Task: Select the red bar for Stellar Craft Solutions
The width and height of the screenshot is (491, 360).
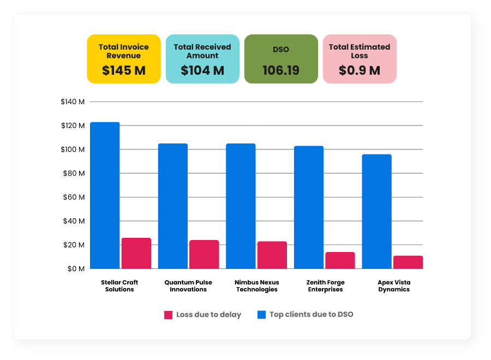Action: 136,253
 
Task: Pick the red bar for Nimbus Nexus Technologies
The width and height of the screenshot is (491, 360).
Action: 272,255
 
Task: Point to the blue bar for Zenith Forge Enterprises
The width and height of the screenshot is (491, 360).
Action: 309,207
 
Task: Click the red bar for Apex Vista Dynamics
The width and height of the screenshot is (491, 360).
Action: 408,262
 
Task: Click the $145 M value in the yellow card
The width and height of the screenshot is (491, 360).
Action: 124,70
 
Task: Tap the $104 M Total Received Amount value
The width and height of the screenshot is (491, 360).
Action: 202,70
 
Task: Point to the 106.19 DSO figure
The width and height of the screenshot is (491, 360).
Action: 281,70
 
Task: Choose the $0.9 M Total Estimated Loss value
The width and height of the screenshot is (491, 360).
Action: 360,70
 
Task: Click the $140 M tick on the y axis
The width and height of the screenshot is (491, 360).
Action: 73,101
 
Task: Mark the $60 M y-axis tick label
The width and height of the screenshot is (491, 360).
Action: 75,197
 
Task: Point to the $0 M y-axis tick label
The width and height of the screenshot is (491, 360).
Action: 76,269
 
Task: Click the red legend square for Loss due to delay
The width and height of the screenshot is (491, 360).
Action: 168,315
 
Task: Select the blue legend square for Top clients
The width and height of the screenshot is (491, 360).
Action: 261,315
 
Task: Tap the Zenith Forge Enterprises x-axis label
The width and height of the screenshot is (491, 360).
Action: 325,286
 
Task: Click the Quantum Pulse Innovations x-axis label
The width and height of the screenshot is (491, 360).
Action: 188,286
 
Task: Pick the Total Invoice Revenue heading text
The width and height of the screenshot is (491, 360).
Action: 124,51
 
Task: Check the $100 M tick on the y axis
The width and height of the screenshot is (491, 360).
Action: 73,149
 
